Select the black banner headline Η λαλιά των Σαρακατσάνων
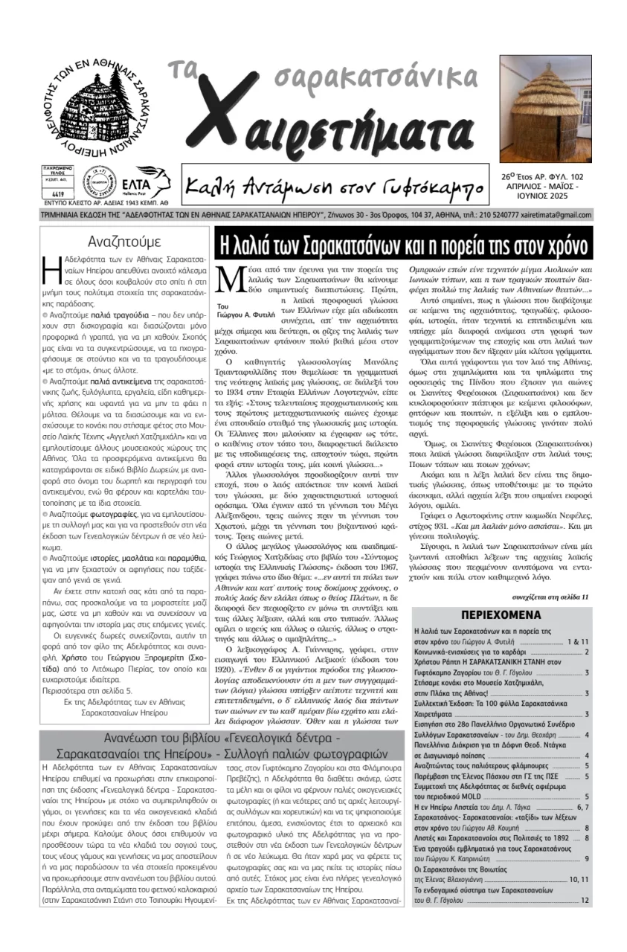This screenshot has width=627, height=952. [404, 245]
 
